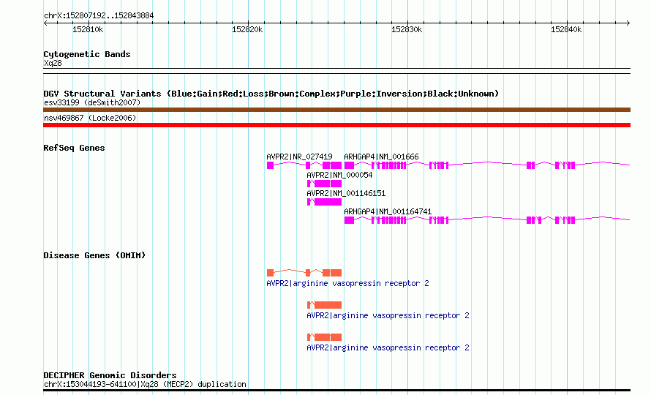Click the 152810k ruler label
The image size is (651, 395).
(88, 29)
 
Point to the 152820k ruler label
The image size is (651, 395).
(247, 29)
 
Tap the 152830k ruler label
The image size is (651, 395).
(407, 29)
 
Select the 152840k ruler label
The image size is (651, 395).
(566, 29)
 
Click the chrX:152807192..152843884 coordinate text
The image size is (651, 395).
(99, 16)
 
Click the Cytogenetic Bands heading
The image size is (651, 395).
(87, 54)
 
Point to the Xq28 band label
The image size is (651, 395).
(53, 64)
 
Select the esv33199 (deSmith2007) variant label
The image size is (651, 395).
(92, 102)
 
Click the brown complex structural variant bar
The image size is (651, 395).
(336, 110)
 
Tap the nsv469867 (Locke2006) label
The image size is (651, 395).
(90, 118)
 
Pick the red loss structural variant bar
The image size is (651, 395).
(336, 125)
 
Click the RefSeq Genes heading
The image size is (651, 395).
(74, 148)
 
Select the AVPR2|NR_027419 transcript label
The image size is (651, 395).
(299, 157)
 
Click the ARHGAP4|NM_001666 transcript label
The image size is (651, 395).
(381, 157)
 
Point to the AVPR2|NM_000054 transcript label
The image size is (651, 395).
(339, 175)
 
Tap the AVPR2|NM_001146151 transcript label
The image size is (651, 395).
(346, 193)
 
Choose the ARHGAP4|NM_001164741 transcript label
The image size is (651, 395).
(388, 211)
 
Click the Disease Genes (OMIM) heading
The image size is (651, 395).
(94, 255)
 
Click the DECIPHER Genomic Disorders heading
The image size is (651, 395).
(110, 375)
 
